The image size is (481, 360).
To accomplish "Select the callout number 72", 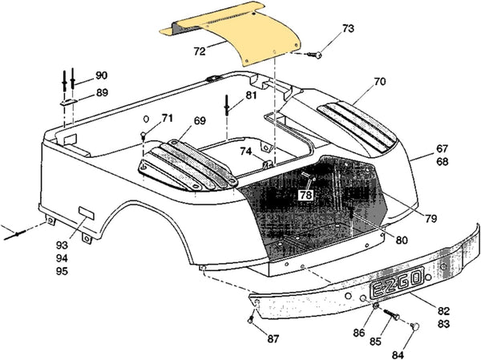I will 200,50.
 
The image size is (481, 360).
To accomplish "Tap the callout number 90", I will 101,75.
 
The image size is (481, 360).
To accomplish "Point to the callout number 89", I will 101,93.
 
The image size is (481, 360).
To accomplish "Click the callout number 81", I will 251,95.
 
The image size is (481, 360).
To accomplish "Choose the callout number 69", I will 200,122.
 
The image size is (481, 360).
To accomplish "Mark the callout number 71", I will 166,119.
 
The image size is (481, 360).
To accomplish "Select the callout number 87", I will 273,339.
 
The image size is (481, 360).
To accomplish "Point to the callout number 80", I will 400,238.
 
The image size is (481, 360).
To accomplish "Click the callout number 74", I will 246,151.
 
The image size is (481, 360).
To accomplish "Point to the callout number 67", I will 442,148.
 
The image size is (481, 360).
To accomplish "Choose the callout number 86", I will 359,330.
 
